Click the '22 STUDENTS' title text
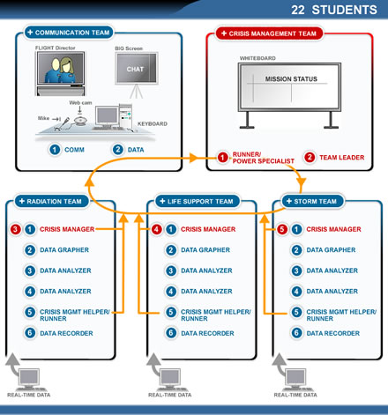[x=334, y=10]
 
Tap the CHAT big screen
[x=137, y=69]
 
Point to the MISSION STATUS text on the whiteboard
[x=291, y=78]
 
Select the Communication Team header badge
[x=69, y=33]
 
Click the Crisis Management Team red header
[x=269, y=33]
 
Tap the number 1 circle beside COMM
[x=55, y=150]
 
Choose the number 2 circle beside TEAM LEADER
[x=310, y=157]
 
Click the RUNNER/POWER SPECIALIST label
[x=263, y=158]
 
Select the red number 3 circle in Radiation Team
[x=16, y=229]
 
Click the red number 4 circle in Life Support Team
[x=157, y=229]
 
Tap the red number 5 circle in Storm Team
[x=282, y=229]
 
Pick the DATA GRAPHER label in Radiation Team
[x=64, y=250]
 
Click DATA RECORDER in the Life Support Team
[x=207, y=333]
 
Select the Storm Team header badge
[x=313, y=201]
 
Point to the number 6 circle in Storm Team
[x=296, y=333]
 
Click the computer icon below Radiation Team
[x=29, y=379]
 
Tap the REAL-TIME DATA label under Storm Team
[x=295, y=395]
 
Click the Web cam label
[x=80, y=102]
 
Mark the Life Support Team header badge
[x=198, y=201]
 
